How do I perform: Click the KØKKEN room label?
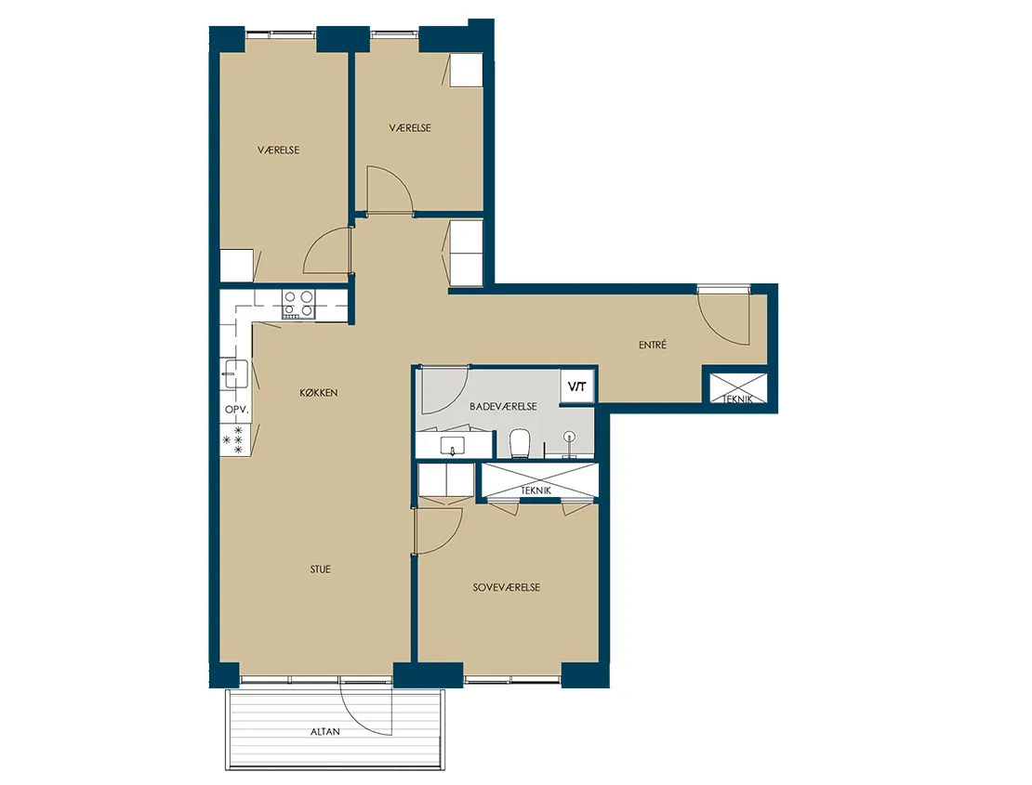[319, 392]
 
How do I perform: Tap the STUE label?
[321, 569]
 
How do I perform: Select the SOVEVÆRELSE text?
[506, 587]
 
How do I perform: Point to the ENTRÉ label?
[653, 345]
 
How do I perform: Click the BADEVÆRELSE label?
[503, 407]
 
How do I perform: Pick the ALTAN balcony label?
[325, 731]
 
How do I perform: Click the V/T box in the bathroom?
[577, 387]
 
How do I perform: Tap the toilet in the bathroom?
[520, 442]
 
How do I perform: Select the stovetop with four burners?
[298, 305]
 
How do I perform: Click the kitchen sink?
[235, 373]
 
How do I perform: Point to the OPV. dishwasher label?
[237, 410]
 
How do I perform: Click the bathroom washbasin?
[452, 447]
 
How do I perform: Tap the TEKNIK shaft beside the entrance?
[738, 388]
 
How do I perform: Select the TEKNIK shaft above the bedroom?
[540, 480]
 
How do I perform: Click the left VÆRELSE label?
[278, 150]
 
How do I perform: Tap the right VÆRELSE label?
[410, 128]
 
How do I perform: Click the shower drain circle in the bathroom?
[569, 436]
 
